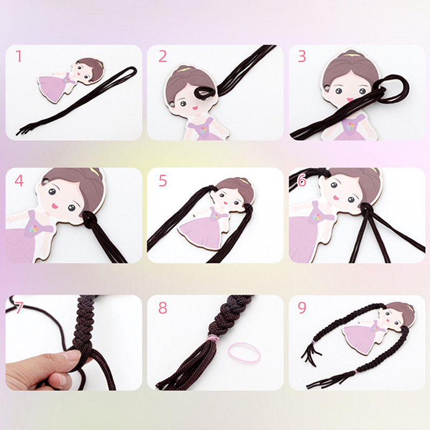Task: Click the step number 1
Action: (x=19, y=56)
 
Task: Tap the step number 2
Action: (x=163, y=56)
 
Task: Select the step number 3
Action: (x=302, y=56)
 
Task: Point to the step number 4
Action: (x=19, y=181)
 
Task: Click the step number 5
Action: (x=163, y=181)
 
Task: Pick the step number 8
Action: (x=163, y=307)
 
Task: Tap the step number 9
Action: (x=302, y=307)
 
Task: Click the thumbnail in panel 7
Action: (x=72, y=356)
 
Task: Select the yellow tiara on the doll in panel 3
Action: (x=349, y=55)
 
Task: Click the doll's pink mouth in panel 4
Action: (x=55, y=205)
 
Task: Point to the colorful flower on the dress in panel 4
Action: (x=33, y=229)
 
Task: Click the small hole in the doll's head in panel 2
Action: (x=171, y=104)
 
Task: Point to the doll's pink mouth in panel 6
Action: (x=336, y=197)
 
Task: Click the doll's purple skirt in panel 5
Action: (x=200, y=231)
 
